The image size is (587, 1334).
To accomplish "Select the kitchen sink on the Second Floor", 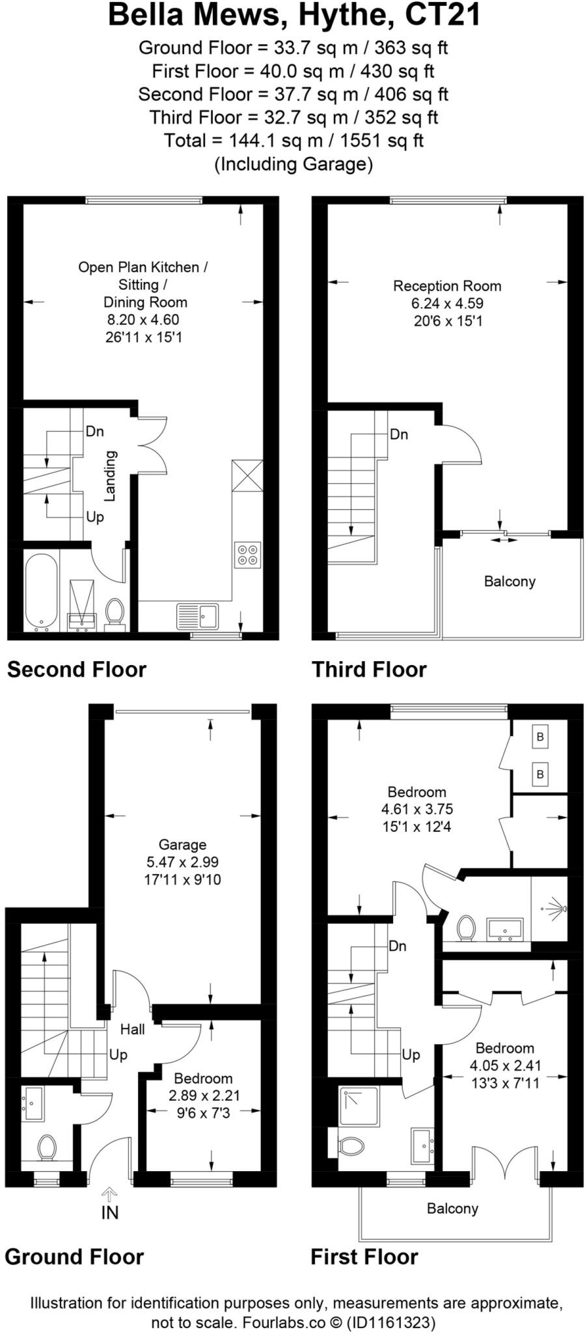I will (x=198, y=616).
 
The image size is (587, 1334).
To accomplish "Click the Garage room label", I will (x=182, y=845).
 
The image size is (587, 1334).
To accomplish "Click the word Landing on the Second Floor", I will (x=110, y=476).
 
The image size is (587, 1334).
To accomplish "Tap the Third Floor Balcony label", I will (x=510, y=581).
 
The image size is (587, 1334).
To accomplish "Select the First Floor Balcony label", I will (x=452, y=1209).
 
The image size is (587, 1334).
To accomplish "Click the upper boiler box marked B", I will (x=539, y=737).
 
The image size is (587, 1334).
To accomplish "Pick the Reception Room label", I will (x=447, y=286).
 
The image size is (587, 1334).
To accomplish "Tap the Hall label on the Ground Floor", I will (x=133, y=1029).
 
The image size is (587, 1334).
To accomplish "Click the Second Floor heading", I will (x=77, y=670).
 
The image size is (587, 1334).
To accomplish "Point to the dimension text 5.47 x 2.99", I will (x=182, y=862).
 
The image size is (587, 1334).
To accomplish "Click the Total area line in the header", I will (x=293, y=141).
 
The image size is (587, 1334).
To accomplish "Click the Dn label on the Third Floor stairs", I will (x=399, y=434).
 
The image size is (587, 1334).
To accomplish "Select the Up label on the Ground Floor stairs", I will (x=118, y=1055).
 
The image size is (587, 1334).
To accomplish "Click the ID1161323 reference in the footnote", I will (x=391, y=1323).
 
